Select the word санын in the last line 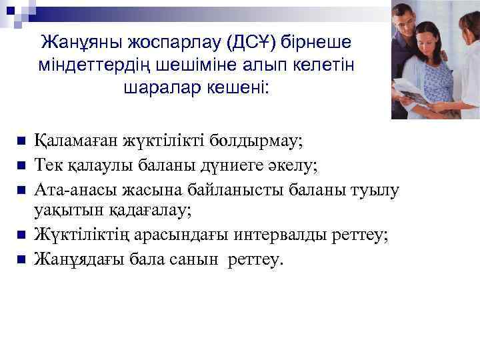coord(193,258)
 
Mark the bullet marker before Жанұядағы coord(21,258)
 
